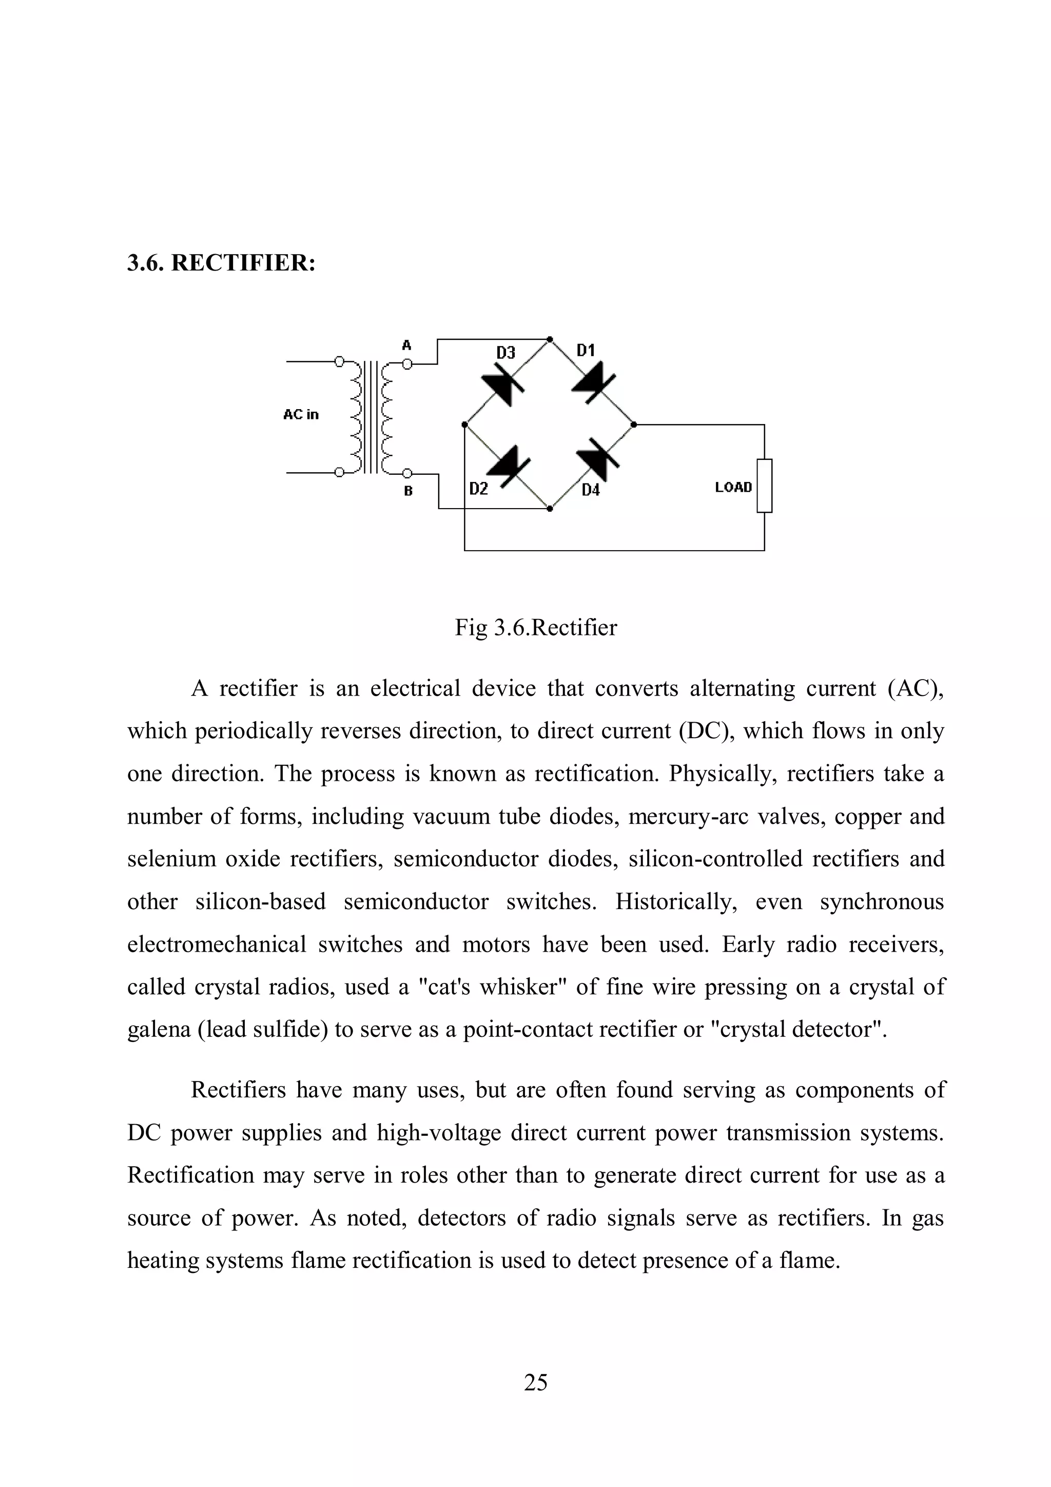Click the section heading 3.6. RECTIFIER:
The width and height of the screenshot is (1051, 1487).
(221, 263)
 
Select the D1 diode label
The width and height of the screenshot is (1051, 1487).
(586, 351)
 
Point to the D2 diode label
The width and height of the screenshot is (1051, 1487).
(479, 489)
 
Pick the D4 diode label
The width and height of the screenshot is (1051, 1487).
(590, 490)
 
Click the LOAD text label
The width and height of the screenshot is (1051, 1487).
(733, 487)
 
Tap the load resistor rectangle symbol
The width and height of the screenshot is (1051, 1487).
(764, 485)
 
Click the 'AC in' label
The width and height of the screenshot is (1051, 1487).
(301, 415)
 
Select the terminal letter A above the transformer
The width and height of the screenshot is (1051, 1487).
(406, 345)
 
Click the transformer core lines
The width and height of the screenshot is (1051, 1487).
(370, 418)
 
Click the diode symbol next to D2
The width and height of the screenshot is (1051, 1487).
(509, 465)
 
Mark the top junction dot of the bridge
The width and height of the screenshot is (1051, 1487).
(550, 339)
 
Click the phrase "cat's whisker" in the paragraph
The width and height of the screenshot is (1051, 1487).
(492, 987)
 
